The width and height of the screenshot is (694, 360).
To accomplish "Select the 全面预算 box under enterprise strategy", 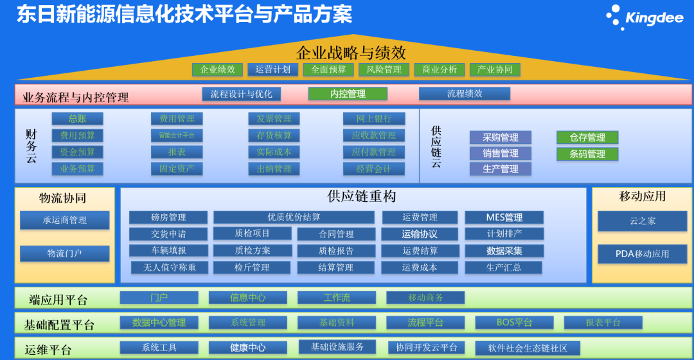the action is click(x=328, y=69).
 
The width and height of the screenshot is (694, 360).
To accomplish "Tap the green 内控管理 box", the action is click(x=348, y=94).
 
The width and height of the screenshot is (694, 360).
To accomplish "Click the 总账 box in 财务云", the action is click(x=77, y=119).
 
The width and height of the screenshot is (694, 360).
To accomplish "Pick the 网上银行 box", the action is click(x=374, y=119).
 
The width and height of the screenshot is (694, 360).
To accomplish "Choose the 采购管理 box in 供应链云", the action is click(x=500, y=138).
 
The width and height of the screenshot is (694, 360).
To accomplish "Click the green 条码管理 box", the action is click(x=587, y=154).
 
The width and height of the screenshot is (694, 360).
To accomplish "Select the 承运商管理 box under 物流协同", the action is click(x=64, y=221).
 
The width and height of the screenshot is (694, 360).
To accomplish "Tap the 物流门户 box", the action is click(x=64, y=254).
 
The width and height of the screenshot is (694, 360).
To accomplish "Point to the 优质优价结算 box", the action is click(x=294, y=217).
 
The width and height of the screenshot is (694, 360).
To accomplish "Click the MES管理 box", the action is click(x=504, y=217).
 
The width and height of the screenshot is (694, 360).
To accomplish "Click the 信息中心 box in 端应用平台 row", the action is click(x=247, y=298).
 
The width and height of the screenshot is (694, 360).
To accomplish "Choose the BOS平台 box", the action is click(x=514, y=323).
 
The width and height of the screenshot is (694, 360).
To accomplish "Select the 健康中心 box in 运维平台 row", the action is click(x=247, y=348).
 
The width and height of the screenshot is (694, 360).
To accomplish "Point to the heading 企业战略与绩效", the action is click(x=351, y=52).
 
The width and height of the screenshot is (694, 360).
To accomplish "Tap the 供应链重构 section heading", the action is click(x=353, y=197).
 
